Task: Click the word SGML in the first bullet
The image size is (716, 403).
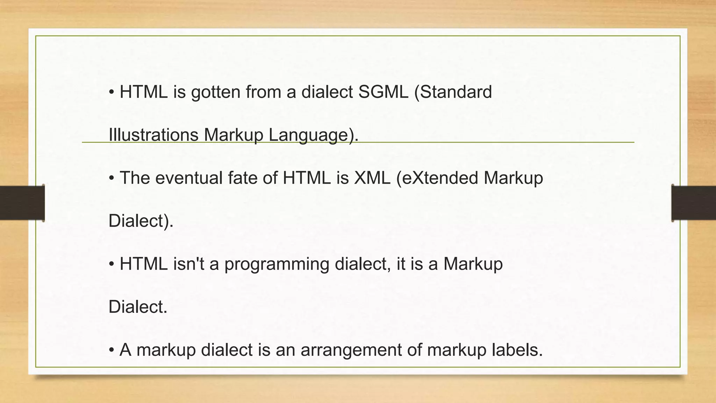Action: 383,92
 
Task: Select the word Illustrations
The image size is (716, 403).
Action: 153,135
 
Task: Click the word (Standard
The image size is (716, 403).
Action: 453,92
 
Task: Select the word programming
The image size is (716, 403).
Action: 277,264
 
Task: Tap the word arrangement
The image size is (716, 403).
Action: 351,350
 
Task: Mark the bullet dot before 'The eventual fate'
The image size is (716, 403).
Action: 112,178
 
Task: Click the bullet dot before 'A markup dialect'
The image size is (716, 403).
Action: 112,350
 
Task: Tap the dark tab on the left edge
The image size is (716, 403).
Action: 22,203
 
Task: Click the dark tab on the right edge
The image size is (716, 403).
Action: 694,203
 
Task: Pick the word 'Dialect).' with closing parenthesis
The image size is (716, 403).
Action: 141,221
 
